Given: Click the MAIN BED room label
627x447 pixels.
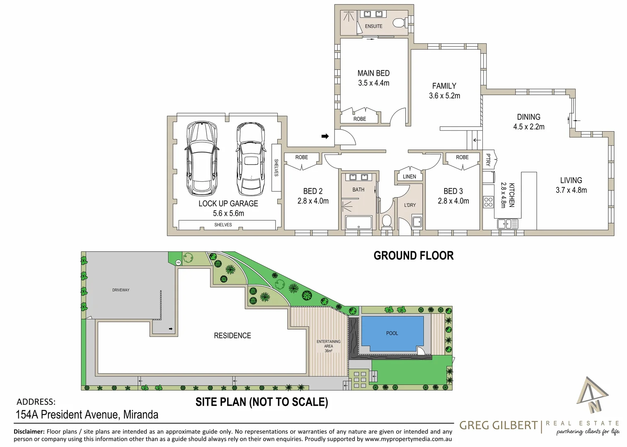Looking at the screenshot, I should (373, 73).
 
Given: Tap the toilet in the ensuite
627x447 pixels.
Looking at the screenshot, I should (399, 22).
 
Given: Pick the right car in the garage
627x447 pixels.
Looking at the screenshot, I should (250, 159).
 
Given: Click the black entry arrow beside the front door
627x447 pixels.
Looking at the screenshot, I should (325, 136).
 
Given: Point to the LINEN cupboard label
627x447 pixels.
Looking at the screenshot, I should (409, 177).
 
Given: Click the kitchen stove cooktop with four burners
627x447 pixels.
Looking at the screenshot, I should (489, 202).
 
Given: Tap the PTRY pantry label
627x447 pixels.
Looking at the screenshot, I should (488, 160).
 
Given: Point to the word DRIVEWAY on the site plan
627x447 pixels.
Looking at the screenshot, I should (121, 290).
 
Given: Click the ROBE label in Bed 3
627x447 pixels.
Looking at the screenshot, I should (462, 157).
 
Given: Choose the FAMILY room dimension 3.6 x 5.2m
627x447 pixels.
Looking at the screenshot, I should (444, 96).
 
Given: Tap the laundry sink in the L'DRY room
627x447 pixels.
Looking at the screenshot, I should (417, 221).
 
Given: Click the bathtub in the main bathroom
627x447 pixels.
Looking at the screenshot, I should (359, 223).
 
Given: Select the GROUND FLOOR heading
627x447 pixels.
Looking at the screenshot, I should (413, 256).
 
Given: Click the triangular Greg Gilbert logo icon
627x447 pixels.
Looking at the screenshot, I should (592, 396).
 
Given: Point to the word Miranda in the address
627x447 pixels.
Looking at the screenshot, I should (140, 414).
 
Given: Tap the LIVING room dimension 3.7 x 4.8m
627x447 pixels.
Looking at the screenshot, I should (571, 190).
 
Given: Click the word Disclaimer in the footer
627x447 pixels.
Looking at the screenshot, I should (29, 432).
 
